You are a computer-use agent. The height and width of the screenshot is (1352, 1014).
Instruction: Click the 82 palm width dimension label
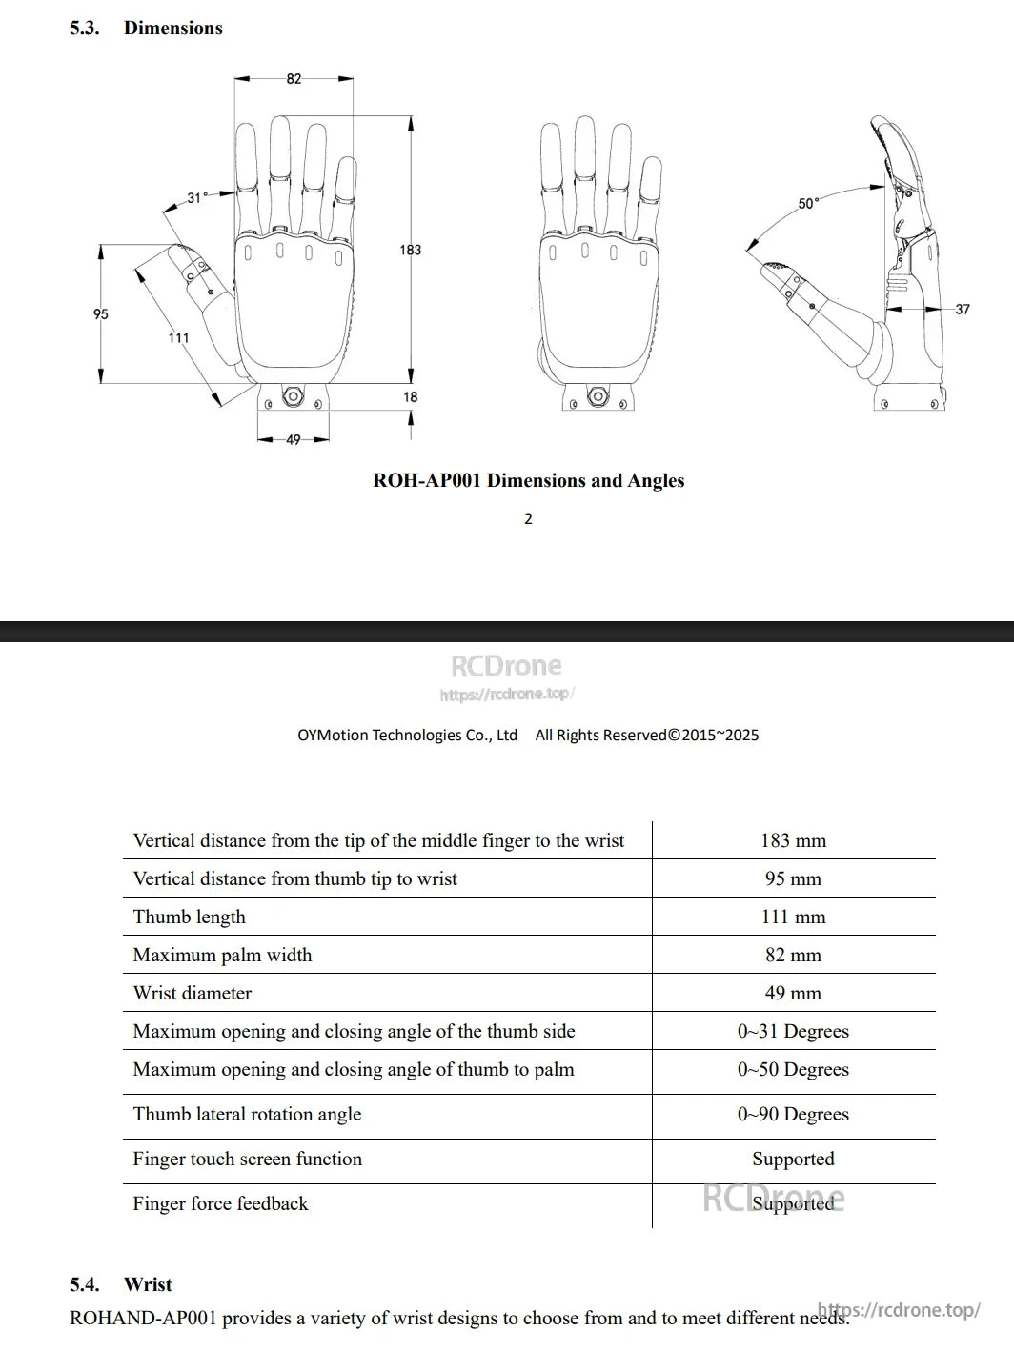pyautogui.click(x=294, y=79)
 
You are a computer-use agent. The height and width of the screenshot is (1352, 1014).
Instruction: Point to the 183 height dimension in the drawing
pyautogui.click(x=410, y=250)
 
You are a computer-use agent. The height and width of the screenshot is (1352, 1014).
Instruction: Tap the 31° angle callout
pyautogui.click(x=196, y=198)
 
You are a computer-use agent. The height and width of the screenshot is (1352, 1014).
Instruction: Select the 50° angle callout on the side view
pyautogui.click(x=808, y=204)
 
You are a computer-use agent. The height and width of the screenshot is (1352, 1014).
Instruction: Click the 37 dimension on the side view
pyautogui.click(x=963, y=309)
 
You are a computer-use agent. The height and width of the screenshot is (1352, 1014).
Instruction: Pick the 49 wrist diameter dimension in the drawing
pyautogui.click(x=294, y=439)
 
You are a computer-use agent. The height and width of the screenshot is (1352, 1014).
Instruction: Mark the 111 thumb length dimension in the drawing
pyautogui.click(x=178, y=337)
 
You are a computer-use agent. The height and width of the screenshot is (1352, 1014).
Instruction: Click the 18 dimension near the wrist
pyautogui.click(x=410, y=397)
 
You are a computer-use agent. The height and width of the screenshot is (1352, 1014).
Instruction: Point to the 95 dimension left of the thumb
pyautogui.click(x=101, y=314)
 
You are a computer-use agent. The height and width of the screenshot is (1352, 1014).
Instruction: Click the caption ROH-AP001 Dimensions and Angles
pyautogui.click(x=528, y=481)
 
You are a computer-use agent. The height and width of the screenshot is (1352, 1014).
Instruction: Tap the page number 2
pyautogui.click(x=528, y=519)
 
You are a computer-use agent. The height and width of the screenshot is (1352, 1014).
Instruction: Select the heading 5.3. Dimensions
pyautogui.click(x=146, y=29)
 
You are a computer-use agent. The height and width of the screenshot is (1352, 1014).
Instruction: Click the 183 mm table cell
pyautogui.click(x=793, y=840)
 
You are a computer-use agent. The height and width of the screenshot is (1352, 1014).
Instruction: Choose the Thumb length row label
pyautogui.click(x=189, y=917)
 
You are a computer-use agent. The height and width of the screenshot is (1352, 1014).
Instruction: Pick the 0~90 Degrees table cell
pyautogui.click(x=793, y=1114)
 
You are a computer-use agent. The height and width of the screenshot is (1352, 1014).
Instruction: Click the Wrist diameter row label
pyautogui.click(x=193, y=993)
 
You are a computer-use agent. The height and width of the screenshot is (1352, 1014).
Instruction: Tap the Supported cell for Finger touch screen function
pyautogui.click(x=793, y=1159)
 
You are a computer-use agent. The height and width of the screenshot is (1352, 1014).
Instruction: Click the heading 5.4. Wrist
pyautogui.click(x=121, y=1284)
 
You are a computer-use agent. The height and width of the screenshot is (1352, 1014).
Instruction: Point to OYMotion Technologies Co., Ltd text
pyautogui.click(x=407, y=735)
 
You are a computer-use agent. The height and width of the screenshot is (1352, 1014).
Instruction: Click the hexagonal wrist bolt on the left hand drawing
pyautogui.click(x=293, y=395)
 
